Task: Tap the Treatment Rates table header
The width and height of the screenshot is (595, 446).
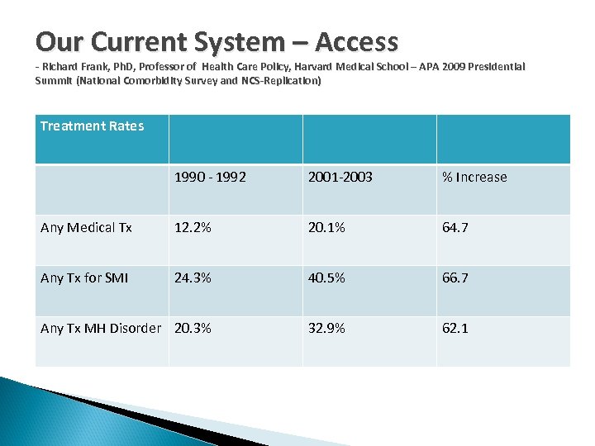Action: [92, 126]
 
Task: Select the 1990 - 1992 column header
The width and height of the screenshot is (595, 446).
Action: [210, 177]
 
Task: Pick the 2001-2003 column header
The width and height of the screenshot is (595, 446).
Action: [340, 177]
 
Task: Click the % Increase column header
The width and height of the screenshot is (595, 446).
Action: [474, 177]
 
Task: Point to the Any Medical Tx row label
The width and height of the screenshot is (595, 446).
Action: [86, 227]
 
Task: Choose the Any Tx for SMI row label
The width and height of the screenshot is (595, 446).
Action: [84, 278]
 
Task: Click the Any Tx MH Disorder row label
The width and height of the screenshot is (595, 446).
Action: [101, 328]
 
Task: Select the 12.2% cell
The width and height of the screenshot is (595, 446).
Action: [193, 227]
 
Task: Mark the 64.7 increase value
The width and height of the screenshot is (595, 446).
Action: [455, 227]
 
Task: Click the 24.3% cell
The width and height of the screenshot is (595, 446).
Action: [193, 278]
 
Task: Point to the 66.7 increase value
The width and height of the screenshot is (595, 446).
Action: [455, 278]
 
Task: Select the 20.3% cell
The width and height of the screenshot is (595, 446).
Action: [193, 328]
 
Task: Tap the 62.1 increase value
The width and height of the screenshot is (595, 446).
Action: [455, 328]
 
